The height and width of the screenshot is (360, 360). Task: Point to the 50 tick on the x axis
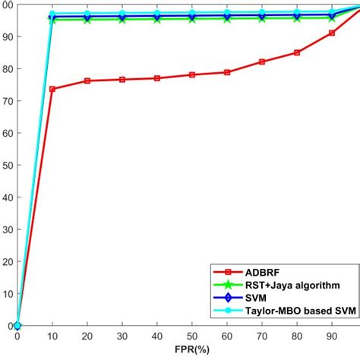point(192,336)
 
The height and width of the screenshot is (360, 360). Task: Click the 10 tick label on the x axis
point(52,336)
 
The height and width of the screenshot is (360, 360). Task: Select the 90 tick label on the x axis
point(332,336)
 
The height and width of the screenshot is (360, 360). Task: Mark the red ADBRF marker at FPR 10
point(52,89)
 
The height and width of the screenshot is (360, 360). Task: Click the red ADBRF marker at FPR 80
point(297,52)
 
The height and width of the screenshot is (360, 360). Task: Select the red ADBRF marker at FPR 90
point(332,33)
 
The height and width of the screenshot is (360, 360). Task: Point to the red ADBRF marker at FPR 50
point(192,74)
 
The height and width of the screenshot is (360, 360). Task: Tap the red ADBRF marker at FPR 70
point(262,62)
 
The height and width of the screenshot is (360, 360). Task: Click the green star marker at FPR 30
point(122,19)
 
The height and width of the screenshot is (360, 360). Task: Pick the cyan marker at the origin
point(17,326)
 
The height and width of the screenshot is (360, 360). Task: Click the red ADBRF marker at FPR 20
point(87,81)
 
